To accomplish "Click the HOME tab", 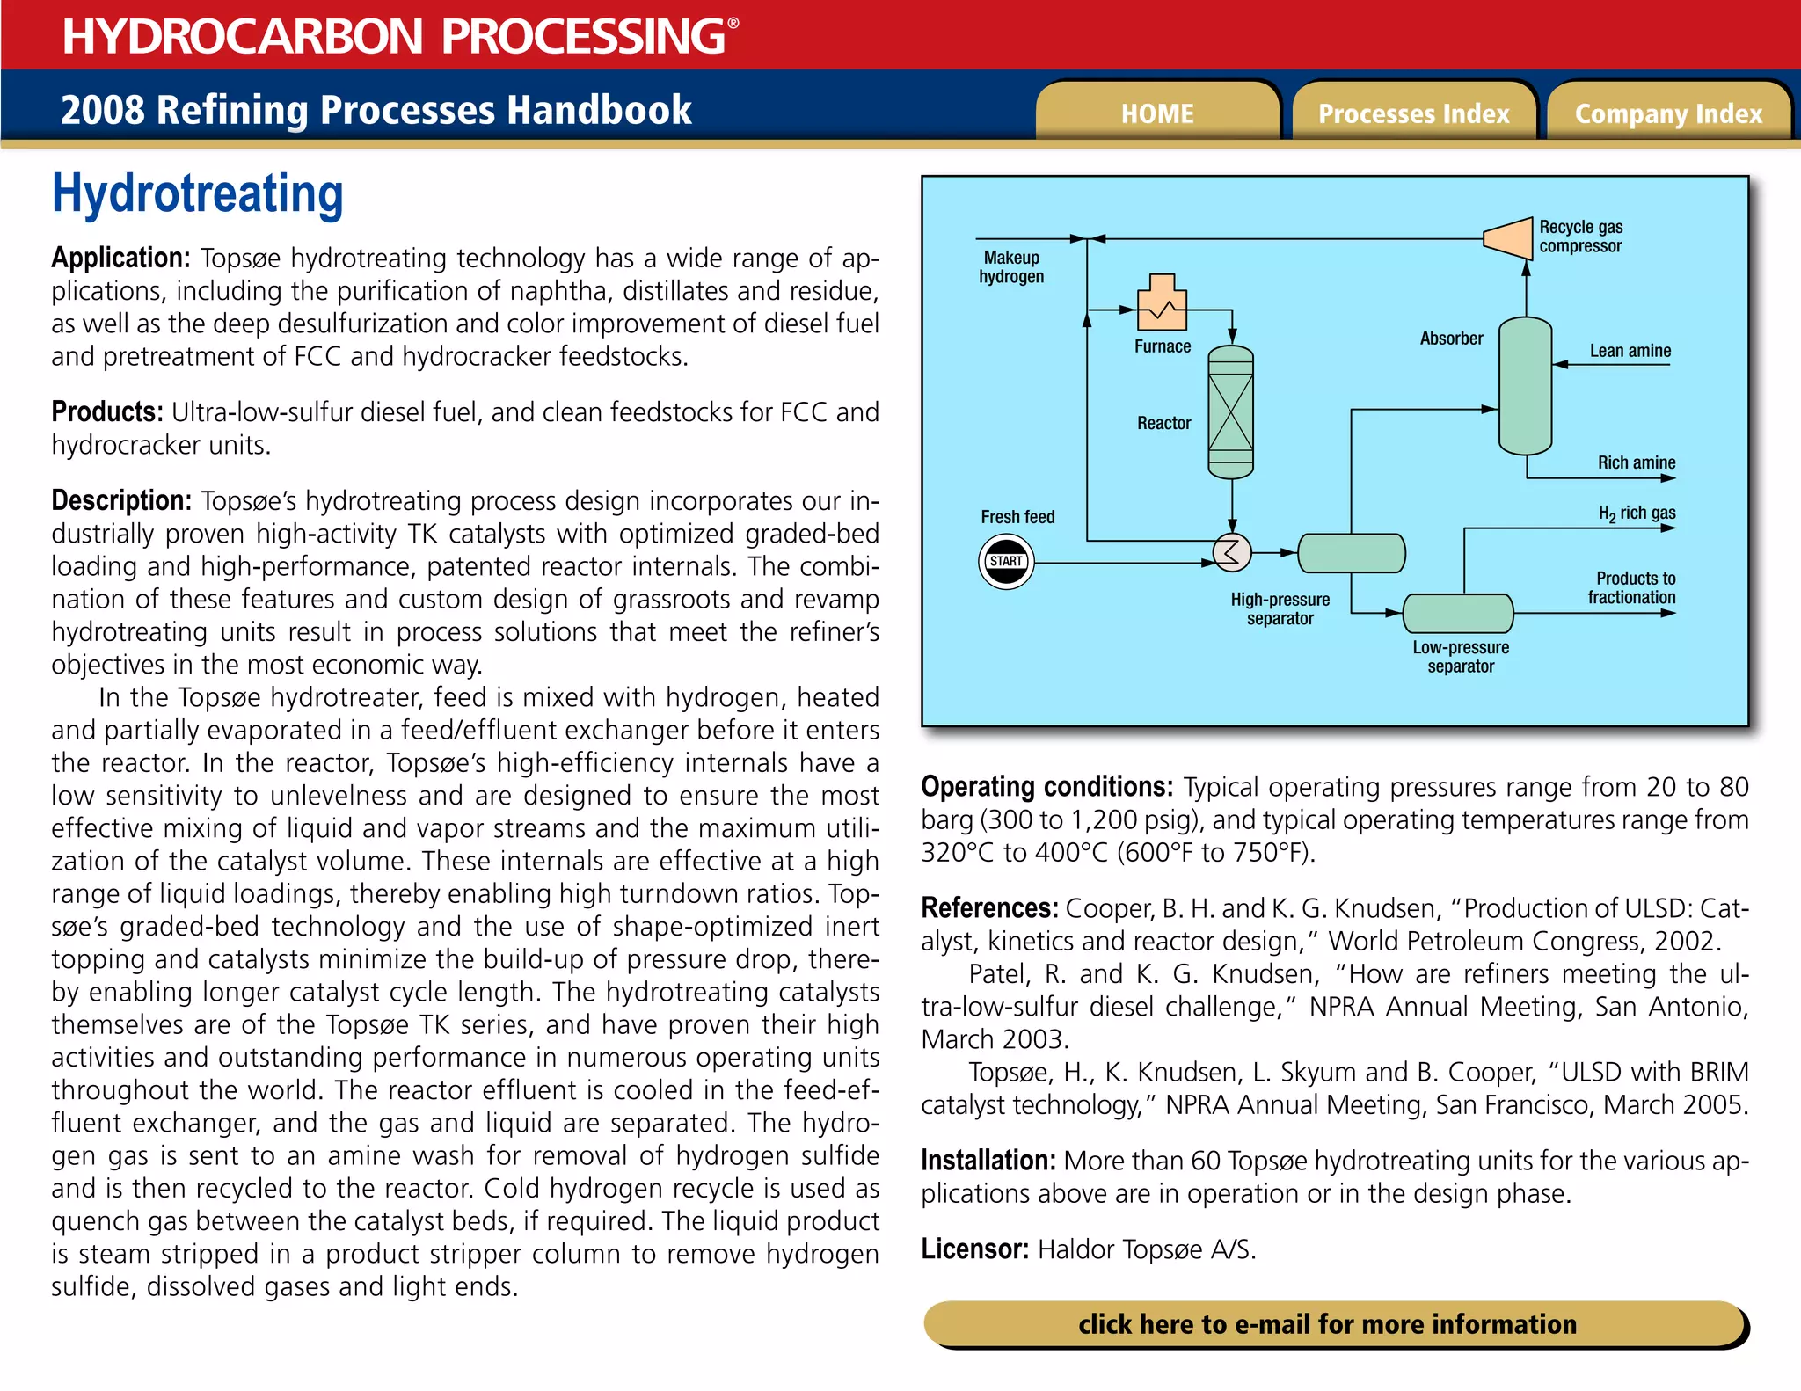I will click(1157, 113).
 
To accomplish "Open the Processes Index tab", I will click(1413, 113).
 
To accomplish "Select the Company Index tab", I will click(1668, 113).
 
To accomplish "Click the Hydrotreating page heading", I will click(198, 194).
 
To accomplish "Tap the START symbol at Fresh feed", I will click(1006, 562).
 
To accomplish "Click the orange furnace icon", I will click(1162, 303).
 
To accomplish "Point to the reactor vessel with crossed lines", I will click(1230, 411).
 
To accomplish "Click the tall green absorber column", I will click(1525, 386).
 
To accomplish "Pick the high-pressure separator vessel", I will click(1351, 553).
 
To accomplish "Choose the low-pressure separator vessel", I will click(1458, 613).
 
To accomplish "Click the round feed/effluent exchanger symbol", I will click(1232, 552).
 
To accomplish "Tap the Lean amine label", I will click(1630, 351).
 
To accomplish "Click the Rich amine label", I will click(1636, 462).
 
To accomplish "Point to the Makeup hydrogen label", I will click(1011, 267).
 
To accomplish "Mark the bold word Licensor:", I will click(974, 1249).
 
